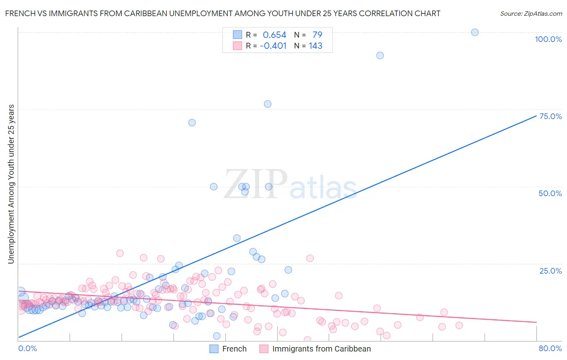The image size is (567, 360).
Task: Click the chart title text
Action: [223, 13]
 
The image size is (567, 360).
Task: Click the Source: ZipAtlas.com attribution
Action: [531, 13]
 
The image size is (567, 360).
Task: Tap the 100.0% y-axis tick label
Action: [548, 39]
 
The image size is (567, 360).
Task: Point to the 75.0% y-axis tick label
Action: [550, 116]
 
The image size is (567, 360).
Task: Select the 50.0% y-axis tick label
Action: [550, 193]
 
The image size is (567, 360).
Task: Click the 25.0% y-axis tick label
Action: [550, 271]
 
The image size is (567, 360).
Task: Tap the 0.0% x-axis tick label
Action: [27, 348]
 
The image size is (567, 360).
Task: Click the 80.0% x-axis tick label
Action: [550, 348]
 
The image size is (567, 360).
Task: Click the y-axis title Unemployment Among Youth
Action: [11, 184]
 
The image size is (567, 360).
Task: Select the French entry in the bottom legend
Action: [234, 349]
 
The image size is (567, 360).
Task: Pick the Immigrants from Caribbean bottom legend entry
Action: [321, 349]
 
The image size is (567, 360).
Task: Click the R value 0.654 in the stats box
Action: [274, 35]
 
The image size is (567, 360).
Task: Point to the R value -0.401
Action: [273, 46]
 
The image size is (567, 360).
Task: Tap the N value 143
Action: [315, 46]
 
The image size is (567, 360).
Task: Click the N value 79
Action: [317, 35]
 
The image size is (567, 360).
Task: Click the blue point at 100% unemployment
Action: [475, 32]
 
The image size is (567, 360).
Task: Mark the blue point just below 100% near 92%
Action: [380, 55]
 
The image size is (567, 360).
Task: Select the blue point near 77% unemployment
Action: [267, 104]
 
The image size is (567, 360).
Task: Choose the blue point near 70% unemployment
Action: [192, 122]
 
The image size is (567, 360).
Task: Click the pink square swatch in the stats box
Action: [237, 46]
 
